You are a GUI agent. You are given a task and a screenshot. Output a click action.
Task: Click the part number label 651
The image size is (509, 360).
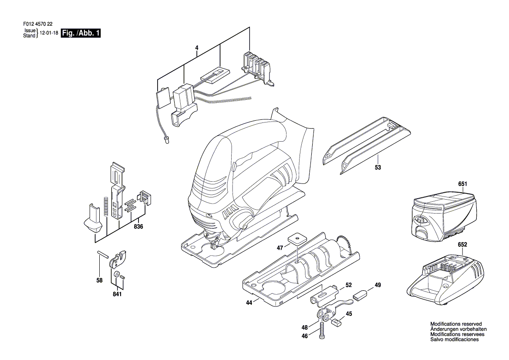pos(462,184)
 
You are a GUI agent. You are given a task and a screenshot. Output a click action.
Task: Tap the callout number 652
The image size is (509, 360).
pos(462,245)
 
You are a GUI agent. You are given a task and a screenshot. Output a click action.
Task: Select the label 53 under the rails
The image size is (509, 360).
pos(378,167)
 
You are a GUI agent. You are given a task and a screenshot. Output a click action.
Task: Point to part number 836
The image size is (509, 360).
pos(138,227)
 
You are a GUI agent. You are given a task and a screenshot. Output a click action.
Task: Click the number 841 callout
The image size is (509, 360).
pos(117,295)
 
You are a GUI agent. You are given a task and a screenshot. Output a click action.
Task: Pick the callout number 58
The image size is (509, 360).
pos(99,280)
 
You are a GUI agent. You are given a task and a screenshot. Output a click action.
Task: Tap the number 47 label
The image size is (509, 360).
pos(280,247)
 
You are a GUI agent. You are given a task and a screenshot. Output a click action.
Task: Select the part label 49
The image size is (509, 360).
pos(378,285)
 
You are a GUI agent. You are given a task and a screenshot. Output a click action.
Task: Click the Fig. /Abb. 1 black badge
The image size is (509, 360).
pos(81,33)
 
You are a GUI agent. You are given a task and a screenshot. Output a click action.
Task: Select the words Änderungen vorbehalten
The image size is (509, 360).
pos(458,329)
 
